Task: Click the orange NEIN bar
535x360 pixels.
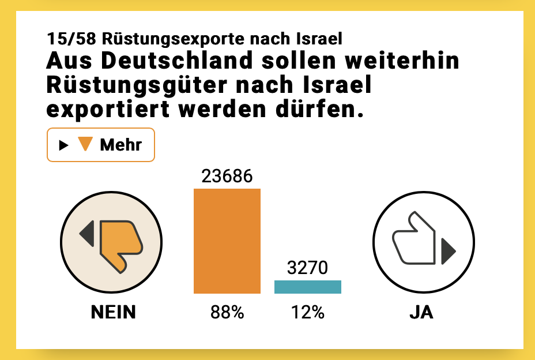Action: (x=227, y=241)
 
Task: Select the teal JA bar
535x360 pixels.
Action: (x=307, y=287)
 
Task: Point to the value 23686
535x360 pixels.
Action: (x=227, y=177)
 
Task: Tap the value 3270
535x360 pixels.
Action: (x=307, y=268)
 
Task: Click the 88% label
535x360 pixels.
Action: (x=227, y=313)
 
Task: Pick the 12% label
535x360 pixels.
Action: (x=307, y=313)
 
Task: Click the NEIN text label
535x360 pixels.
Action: (x=114, y=313)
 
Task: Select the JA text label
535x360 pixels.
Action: (x=421, y=313)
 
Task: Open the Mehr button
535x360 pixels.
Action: (x=100, y=145)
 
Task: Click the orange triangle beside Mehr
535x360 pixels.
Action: (x=85, y=144)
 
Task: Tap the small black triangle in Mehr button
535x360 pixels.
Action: (x=63, y=145)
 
